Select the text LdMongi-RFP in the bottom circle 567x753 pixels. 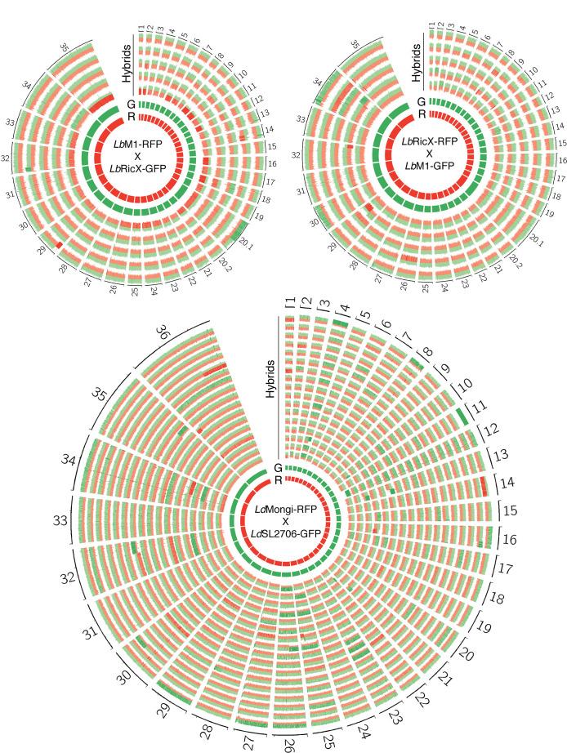[286, 510]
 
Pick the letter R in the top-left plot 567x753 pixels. [132, 116]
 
